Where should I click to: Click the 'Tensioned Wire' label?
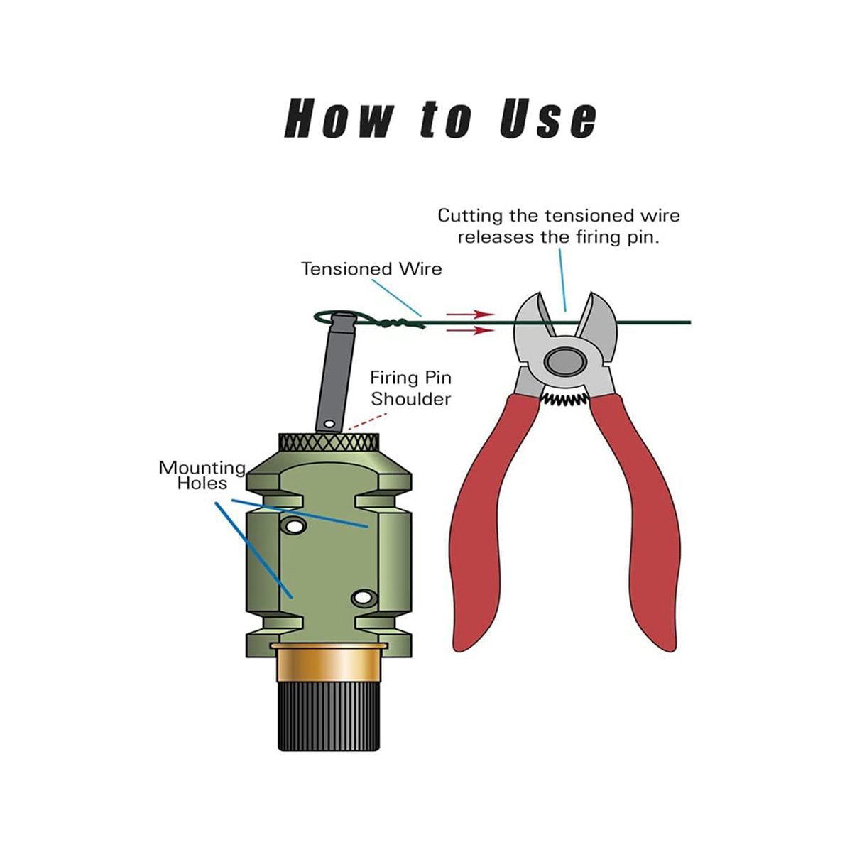point(371,269)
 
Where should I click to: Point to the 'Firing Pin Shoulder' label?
point(411,388)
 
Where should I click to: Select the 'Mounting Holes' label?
point(202,475)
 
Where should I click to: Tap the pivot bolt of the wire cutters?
point(564,362)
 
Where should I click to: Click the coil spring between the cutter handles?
point(564,399)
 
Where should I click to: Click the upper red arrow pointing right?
point(469,314)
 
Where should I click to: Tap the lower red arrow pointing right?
point(469,330)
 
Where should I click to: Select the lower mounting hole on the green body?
point(363,598)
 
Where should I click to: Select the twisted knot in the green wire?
point(398,324)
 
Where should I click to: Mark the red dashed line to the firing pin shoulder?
point(367,421)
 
